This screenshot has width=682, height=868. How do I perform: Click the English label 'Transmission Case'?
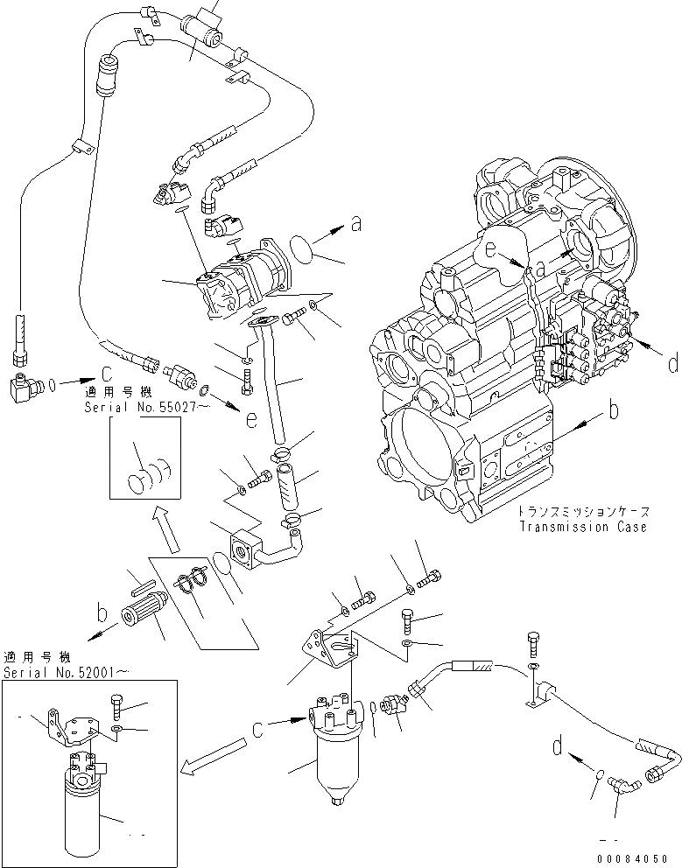pos(582,527)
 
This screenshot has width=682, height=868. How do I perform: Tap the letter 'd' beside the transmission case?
pos(671,364)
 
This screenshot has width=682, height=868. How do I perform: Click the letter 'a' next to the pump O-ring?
pos(355,225)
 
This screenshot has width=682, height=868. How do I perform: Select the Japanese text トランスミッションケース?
pos(580,512)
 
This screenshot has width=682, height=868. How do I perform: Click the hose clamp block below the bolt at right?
pos(541,693)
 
